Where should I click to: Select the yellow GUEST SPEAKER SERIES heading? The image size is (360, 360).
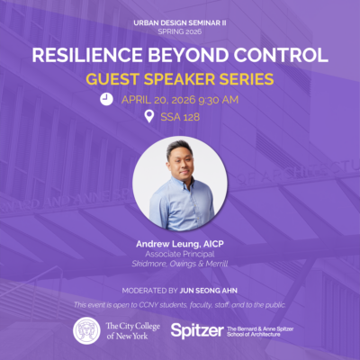[180, 78]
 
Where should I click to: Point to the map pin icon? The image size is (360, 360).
[149, 117]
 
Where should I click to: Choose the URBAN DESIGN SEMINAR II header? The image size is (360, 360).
[180, 20]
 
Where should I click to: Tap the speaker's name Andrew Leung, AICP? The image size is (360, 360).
[180, 244]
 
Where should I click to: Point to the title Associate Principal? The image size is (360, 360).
[180, 254]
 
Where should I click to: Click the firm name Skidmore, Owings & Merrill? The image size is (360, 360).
[180, 264]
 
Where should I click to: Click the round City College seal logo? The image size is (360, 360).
[87, 330]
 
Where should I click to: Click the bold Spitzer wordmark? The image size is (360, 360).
[196, 330]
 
